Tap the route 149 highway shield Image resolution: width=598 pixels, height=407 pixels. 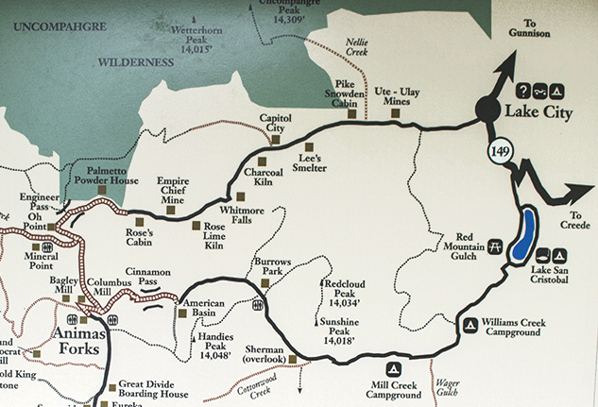coord(500,151)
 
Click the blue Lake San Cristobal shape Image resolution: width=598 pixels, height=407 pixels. coord(522,236)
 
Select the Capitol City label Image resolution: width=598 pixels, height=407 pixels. coord(279,124)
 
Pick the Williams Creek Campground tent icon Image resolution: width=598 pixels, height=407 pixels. coord(470,326)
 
